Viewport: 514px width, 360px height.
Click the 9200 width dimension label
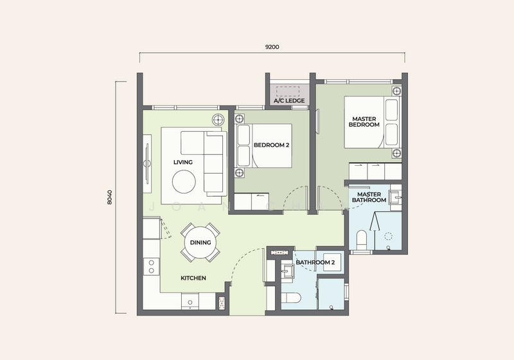[272, 47]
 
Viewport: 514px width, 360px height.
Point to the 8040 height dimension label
[109, 197]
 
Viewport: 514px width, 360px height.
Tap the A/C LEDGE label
[289, 101]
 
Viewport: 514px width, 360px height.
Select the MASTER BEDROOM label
[364, 122]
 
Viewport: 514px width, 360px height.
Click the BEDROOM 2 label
[271, 145]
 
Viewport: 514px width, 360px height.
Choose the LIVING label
[183, 162]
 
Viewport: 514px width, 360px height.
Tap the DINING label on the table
[200, 242]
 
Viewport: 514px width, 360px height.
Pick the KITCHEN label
[193, 278]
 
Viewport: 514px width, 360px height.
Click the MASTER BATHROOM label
[369, 197]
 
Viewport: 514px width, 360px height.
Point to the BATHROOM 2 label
[315, 262]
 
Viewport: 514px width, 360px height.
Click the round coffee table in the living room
[184, 181]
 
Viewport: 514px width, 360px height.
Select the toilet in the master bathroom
[362, 240]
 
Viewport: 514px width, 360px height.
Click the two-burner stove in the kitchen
[152, 267]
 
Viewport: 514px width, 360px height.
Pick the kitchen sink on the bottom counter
[190, 301]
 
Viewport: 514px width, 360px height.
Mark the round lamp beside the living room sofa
[218, 120]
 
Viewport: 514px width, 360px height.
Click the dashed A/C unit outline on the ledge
[288, 91]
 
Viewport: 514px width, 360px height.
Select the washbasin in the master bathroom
[395, 197]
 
